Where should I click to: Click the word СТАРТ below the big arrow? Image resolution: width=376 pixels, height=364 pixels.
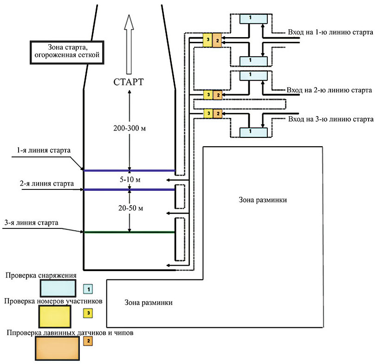(129, 82)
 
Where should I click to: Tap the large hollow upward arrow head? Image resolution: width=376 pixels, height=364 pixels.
(129, 22)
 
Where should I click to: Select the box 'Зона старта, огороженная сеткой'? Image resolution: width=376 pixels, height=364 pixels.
(67, 52)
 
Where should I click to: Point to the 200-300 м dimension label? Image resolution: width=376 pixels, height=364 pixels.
(130, 128)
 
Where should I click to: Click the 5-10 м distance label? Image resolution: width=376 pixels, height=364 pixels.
(130, 180)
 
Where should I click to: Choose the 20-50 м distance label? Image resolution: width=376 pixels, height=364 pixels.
(130, 208)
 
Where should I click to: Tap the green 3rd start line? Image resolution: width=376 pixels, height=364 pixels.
(129, 232)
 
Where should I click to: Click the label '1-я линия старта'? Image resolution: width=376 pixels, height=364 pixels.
(44, 150)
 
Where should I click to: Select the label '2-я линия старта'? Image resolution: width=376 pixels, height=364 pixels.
(46, 183)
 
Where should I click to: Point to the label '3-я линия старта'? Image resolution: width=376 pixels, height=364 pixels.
(31, 222)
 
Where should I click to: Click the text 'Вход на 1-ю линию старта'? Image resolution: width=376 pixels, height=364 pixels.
(331, 32)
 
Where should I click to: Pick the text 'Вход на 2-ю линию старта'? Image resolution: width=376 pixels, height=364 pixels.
(329, 90)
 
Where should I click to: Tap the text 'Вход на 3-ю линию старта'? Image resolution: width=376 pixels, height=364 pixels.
(331, 119)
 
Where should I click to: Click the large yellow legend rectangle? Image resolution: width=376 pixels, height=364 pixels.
(55, 317)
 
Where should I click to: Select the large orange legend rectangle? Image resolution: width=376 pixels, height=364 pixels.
(57, 348)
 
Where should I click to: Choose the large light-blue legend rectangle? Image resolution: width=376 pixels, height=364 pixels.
(58, 288)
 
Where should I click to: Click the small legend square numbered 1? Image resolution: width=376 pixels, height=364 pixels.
(88, 289)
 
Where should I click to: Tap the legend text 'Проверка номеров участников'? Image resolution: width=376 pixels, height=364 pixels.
(53, 301)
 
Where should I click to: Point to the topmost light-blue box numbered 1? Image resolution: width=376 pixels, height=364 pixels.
(254, 19)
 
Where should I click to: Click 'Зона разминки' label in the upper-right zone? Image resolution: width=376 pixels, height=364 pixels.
(263, 200)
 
